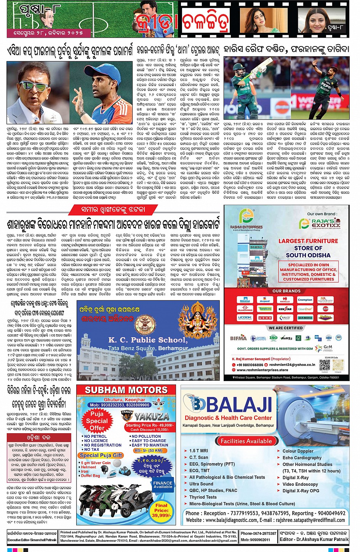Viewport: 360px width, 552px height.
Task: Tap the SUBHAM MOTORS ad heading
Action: [126, 390]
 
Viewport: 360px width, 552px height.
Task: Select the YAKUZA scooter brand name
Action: [151, 416]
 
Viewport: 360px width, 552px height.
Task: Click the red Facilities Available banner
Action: [246, 441]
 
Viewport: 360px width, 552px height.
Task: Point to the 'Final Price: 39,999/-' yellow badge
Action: [161, 511]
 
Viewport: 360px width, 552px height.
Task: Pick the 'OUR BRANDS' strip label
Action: [286, 291]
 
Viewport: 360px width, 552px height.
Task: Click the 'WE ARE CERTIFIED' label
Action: [286, 328]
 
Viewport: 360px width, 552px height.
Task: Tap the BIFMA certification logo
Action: [238, 338]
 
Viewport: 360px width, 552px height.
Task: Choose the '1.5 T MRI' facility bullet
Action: [198, 451]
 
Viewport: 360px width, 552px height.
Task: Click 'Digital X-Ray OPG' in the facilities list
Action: [301, 491]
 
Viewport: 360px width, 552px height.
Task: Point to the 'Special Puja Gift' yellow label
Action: [101, 455]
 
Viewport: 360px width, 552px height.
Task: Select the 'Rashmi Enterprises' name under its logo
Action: [246, 227]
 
